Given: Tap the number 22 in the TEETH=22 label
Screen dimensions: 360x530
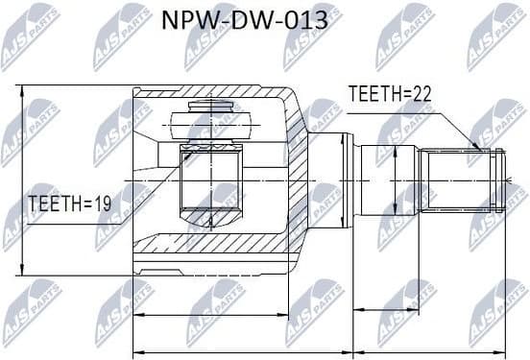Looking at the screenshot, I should click(419, 93).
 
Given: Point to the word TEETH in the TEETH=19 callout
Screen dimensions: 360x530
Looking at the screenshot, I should click(54, 204).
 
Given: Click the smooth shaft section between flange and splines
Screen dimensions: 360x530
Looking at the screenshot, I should click(384, 179).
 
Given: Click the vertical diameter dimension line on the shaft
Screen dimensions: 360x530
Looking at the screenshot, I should click(397, 179).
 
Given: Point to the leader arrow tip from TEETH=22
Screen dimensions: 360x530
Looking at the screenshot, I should click(480, 150).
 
